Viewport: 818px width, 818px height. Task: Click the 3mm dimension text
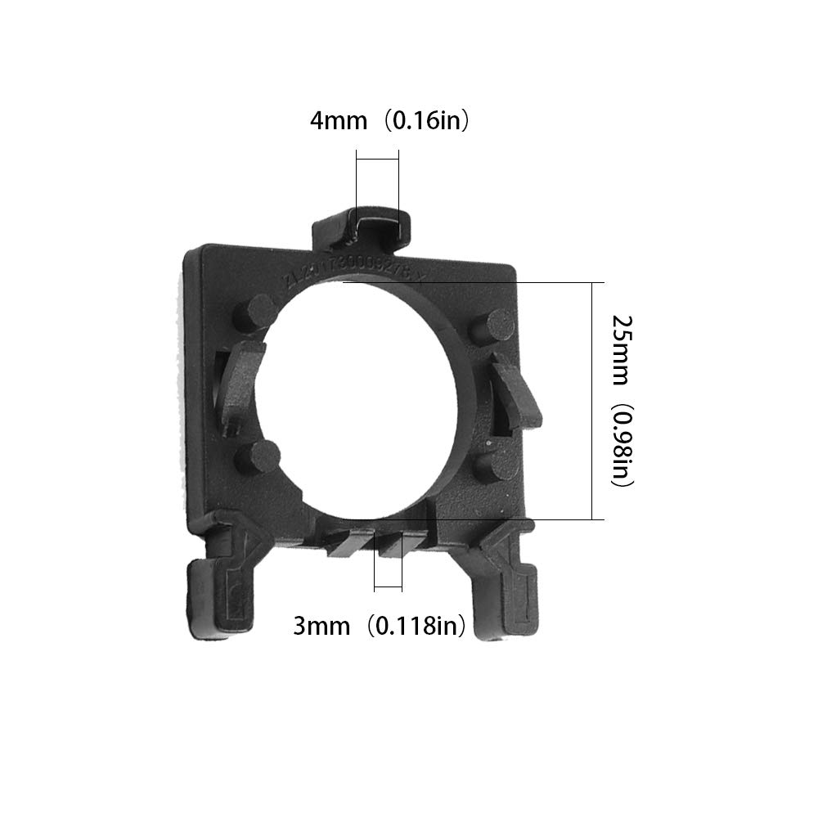coord(320,627)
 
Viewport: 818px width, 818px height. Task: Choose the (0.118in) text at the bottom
coord(416,627)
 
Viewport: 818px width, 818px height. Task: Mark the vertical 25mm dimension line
coord(591,401)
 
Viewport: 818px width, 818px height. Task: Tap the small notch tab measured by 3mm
coord(388,543)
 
